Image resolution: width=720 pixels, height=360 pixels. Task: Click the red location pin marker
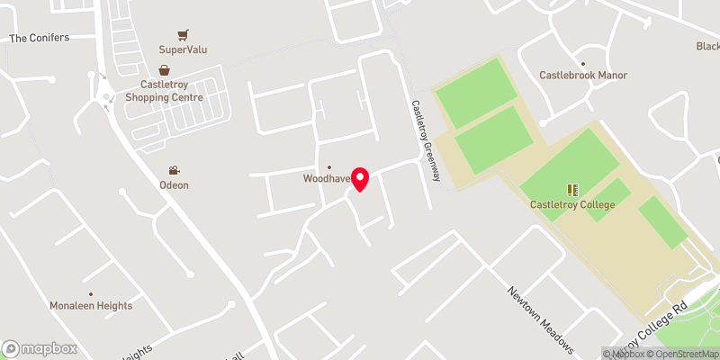pyautogui.click(x=360, y=178)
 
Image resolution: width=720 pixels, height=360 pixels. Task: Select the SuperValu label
pyautogui.click(x=183, y=50)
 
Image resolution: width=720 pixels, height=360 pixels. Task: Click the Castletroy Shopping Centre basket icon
pyautogui.click(x=165, y=70)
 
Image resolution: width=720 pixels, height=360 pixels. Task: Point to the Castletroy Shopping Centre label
pyautogui.click(x=165, y=91)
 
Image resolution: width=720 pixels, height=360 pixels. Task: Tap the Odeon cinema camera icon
pyautogui.click(x=175, y=170)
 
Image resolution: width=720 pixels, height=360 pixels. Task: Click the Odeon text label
pyautogui.click(x=175, y=185)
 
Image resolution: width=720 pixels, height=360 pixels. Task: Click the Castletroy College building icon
pyautogui.click(x=572, y=190)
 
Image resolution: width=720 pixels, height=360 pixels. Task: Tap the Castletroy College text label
pyautogui.click(x=572, y=205)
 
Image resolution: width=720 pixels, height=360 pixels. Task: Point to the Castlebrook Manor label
pyautogui.click(x=583, y=76)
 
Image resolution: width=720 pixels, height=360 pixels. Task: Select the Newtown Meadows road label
pyautogui.click(x=539, y=319)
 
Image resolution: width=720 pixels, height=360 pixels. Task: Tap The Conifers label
pyautogui.click(x=39, y=38)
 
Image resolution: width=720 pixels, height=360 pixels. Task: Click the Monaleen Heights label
pyautogui.click(x=91, y=306)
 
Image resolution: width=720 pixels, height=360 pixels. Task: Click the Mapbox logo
pyautogui.click(x=39, y=348)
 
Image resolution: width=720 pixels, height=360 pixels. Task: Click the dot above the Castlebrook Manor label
pyautogui.click(x=583, y=64)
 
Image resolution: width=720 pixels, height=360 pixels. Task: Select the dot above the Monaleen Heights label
pyautogui.click(x=91, y=294)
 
